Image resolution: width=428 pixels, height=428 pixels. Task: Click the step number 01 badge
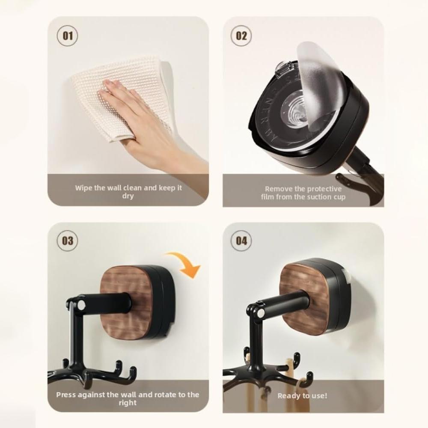[x=68, y=35]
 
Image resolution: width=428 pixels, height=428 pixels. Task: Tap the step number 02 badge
[x=241, y=35]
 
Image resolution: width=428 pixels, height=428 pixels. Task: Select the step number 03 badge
[x=68, y=241]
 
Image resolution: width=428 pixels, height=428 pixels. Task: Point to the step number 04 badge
[x=241, y=241]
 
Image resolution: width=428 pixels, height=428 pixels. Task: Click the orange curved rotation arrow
[x=185, y=263]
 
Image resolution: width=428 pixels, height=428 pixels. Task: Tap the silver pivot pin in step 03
[x=80, y=305]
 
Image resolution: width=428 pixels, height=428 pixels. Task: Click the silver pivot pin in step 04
[x=260, y=313]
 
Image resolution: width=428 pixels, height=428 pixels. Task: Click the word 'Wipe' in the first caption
[x=84, y=188]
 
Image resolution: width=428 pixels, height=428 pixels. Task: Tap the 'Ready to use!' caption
[x=302, y=396]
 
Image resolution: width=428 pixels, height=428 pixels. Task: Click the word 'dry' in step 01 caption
[x=128, y=196]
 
